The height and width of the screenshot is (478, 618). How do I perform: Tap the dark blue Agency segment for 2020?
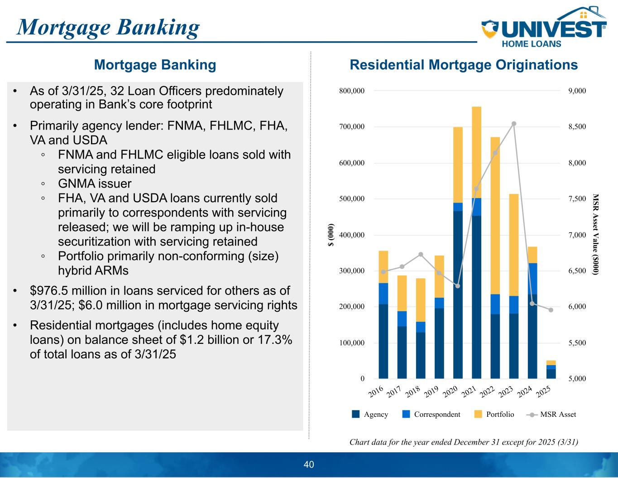point(458,295)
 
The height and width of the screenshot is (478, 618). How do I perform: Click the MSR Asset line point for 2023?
point(514,124)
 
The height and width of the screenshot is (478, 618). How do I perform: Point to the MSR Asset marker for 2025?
point(551,310)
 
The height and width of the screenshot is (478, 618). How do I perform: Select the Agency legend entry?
point(370,414)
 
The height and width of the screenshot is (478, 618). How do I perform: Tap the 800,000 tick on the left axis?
point(352,91)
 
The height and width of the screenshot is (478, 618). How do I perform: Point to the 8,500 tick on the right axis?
point(577,126)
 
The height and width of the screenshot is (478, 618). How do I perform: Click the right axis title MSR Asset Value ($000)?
point(595,234)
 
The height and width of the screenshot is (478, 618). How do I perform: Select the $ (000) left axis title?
point(331,234)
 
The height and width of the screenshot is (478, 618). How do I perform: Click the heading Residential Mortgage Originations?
point(464,65)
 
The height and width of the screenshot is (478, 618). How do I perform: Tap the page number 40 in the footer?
point(309,464)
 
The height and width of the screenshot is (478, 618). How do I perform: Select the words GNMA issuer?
point(95,183)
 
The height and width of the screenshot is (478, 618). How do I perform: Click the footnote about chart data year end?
point(464,442)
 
